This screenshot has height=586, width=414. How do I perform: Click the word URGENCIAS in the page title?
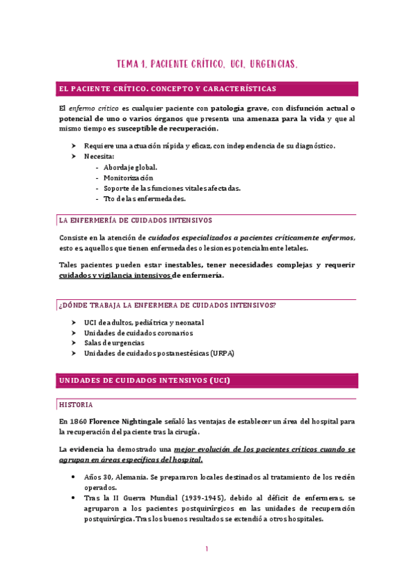(x=269, y=64)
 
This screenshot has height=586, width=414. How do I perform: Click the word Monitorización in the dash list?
(x=129, y=178)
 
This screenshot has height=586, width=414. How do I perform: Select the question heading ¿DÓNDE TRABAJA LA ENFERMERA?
(x=168, y=305)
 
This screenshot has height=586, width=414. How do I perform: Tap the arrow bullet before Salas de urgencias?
(x=74, y=343)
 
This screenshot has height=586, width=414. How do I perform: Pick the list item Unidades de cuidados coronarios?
(x=138, y=332)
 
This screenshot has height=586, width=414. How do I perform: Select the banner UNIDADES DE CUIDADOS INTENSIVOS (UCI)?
(x=145, y=381)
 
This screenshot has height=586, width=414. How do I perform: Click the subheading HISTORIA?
(x=76, y=404)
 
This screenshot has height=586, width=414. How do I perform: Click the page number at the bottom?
(x=207, y=549)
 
